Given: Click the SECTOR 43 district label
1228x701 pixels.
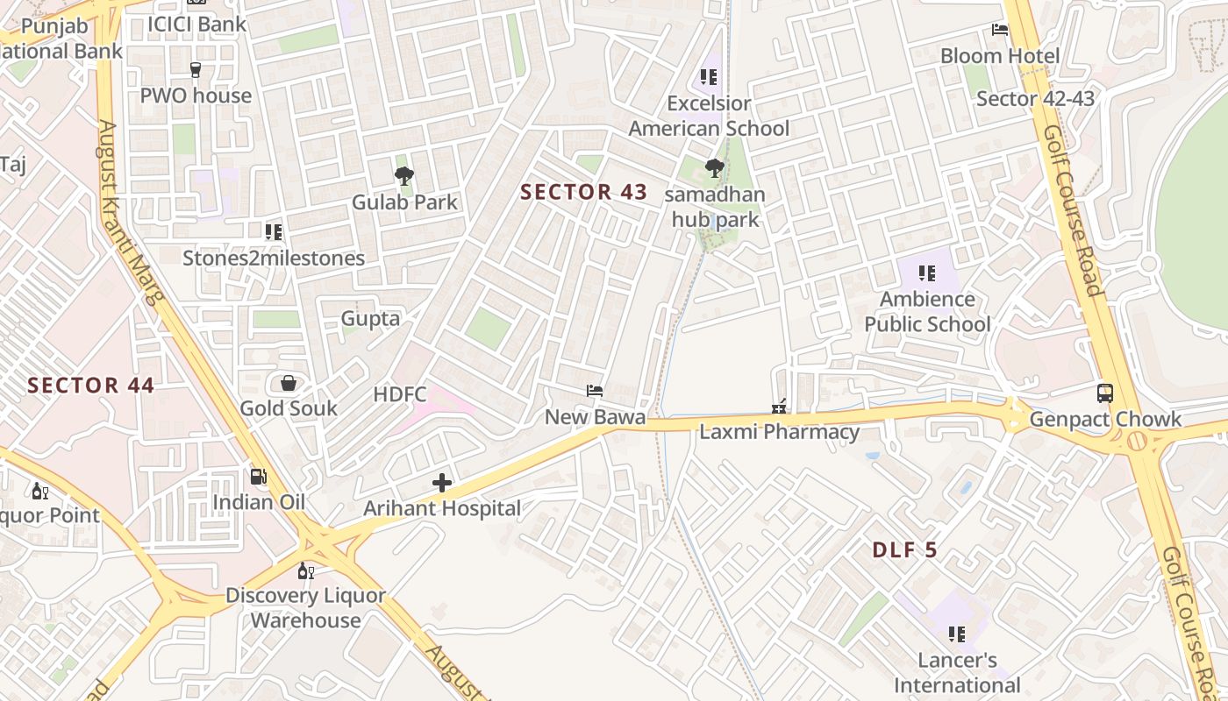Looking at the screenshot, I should pyautogui.click(x=583, y=192).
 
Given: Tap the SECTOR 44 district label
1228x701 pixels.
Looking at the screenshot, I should pyautogui.click(x=90, y=386).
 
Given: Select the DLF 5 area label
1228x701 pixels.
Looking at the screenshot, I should pyautogui.click(x=904, y=550).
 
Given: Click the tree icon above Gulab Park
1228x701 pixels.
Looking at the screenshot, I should pyautogui.click(x=404, y=177).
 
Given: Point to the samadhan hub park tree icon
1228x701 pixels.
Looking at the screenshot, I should pyautogui.click(x=715, y=168).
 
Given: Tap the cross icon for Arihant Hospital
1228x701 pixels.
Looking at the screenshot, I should pyautogui.click(x=442, y=483).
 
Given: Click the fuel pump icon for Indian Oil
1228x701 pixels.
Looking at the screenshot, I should pyautogui.click(x=259, y=477).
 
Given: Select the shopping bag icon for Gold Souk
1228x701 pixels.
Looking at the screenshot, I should pyautogui.click(x=288, y=383).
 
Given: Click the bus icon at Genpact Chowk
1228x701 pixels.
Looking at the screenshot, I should pyautogui.click(x=1105, y=393).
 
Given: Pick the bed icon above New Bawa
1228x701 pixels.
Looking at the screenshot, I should pyautogui.click(x=595, y=391).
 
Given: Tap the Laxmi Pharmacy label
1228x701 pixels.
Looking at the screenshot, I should pyautogui.click(x=779, y=432).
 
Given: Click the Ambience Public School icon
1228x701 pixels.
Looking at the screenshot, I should pyautogui.click(x=927, y=273).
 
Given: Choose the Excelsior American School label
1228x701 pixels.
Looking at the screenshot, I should pyautogui.click(x=709, y=116).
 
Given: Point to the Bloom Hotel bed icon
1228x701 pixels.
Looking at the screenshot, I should pyautogui.click(x=1000, y=30).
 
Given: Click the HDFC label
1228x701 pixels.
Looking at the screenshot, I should pyautogui.click(x=399, y=394).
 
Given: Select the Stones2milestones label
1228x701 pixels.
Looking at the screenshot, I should pyautogui.click(x=274, y=258).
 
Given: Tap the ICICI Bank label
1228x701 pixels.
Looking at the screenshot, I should pyautogui.click(x=196, y=24).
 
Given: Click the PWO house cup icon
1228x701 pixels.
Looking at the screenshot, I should pyautogui.click(x=196, y=70).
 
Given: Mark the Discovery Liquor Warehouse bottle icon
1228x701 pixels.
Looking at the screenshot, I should pyautogui.click(x=305, y=571).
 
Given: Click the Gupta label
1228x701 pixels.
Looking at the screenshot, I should pyautogui.click(x=370, y=318).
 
